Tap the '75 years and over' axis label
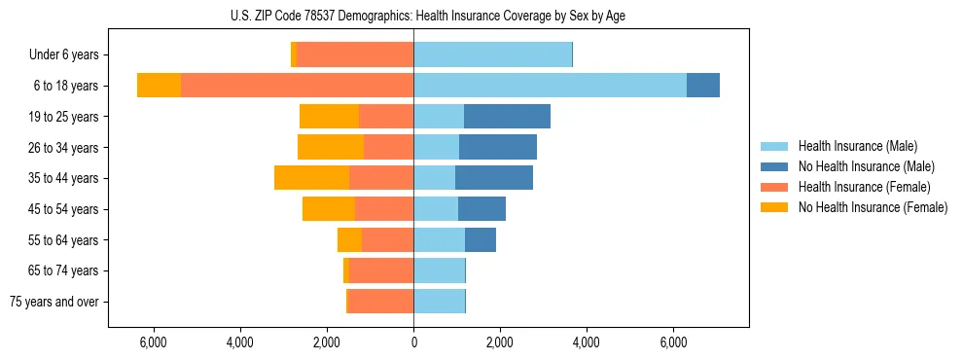click(x=54, y=302)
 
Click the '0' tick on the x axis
click(x=413, y=342)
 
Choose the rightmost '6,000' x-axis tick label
click(x=673, y=342)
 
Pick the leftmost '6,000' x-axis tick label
click(x=154, y=342)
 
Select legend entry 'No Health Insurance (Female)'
click(x=873, y=207)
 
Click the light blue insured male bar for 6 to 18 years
click(x=550, y=86)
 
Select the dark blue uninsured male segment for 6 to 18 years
click(x=703, y=86)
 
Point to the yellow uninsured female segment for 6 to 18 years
click(x=159, y=86)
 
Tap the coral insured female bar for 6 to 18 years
click(x=297, y=86)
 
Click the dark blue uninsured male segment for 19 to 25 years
click(x=507, y=117)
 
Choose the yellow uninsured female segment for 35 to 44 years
click(x=311, y=178)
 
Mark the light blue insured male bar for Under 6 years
click(x=492, y=55)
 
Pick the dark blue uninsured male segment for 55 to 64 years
click(x=481, y=240)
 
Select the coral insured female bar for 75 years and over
click(x=380, y=302)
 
